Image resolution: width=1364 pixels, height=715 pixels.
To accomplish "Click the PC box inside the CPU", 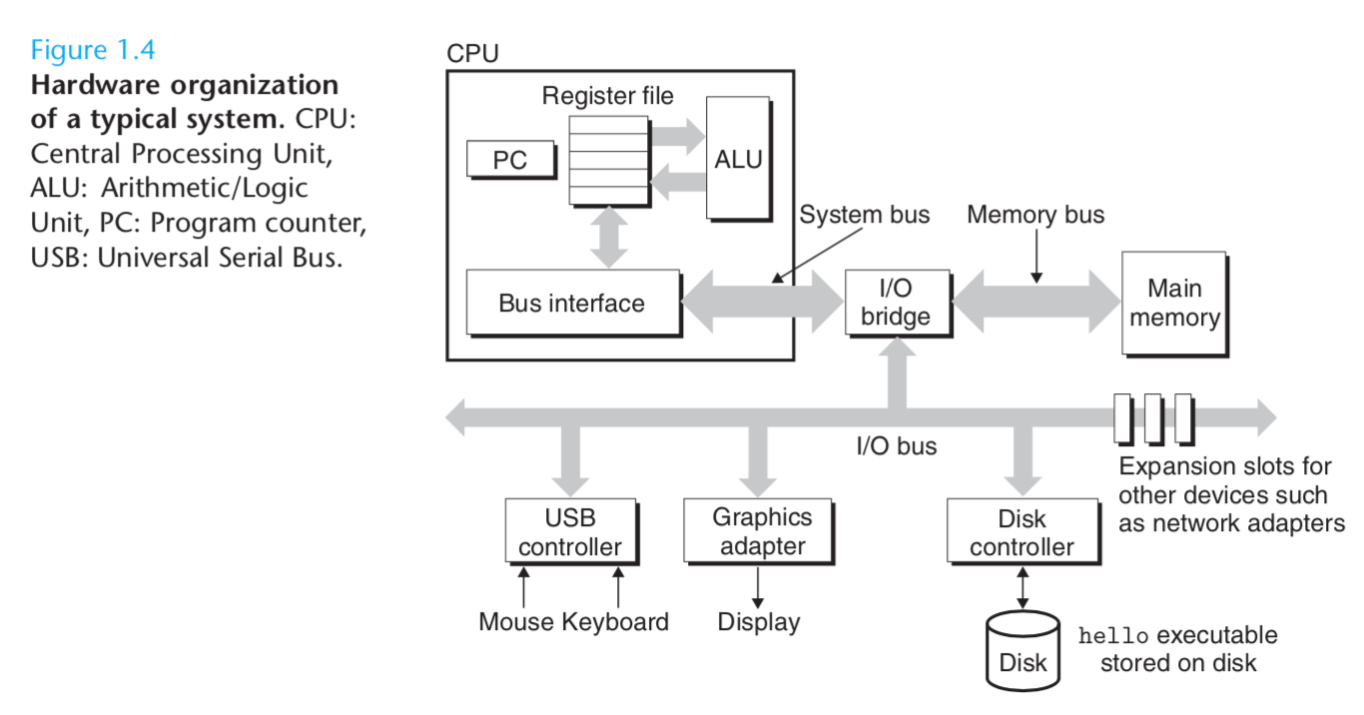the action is tap(511, 160).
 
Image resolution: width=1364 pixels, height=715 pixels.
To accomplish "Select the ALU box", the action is tap(739, 159).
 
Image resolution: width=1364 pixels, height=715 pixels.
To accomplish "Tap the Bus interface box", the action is tap(573, 303).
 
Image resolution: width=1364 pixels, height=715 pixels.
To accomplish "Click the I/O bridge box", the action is tap(898, 303).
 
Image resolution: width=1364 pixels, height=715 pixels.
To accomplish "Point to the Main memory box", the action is tap(1174, 304).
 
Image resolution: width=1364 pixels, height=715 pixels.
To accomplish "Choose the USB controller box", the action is tap(571, 531).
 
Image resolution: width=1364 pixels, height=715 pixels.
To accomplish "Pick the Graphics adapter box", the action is tap(758, 531).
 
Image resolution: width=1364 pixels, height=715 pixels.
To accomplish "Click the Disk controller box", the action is tap(1023, 531).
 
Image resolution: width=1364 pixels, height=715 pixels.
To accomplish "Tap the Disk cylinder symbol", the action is tap(1023, 651).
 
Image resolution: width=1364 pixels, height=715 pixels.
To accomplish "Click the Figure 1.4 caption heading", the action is tap(93, 50).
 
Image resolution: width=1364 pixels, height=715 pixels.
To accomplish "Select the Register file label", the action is tap(608, 96).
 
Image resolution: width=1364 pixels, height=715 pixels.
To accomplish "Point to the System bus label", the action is tap(864, 215).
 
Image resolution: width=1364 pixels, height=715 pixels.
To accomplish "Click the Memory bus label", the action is tap(1035, 215).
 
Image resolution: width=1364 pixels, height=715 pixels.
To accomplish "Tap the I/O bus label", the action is tap(897, 446).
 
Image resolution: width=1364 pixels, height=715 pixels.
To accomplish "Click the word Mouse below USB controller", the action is tap(516, 622).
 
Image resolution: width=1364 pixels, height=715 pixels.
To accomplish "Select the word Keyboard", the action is tap(615, 622).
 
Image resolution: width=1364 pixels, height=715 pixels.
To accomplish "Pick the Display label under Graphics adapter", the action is tap(759, 622).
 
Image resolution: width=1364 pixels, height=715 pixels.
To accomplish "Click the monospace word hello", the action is tap(1113, 636).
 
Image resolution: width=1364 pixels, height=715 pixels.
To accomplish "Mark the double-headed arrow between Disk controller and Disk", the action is tap(1023, 588).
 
